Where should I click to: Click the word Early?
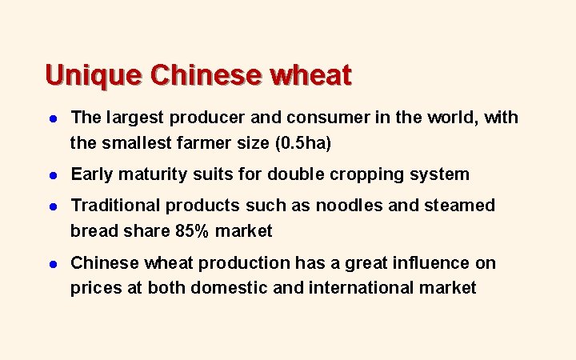point(92,174)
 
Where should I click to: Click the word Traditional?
point(114,206)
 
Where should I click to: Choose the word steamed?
point(458,206)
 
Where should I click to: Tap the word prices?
point(94,289)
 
